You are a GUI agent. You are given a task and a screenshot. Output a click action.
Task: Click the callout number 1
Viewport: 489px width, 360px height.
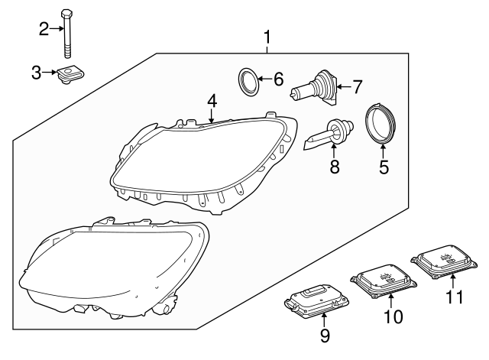tap(267, 36)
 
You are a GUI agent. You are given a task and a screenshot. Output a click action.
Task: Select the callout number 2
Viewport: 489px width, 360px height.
tap(44, 29)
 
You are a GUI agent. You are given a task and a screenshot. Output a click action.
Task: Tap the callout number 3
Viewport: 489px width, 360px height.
tap(37, 73)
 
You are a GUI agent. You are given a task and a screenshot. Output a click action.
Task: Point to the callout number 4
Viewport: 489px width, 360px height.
tap(212, 100)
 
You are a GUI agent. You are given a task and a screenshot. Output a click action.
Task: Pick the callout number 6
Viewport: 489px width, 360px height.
tap(277, 79)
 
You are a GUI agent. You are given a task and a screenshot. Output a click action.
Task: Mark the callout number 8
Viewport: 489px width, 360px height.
tap(333, 166)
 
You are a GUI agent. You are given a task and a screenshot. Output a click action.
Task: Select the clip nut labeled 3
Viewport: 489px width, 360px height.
tap(70, 76)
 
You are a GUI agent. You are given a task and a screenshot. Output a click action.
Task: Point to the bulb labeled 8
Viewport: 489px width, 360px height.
tap(330, 135)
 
